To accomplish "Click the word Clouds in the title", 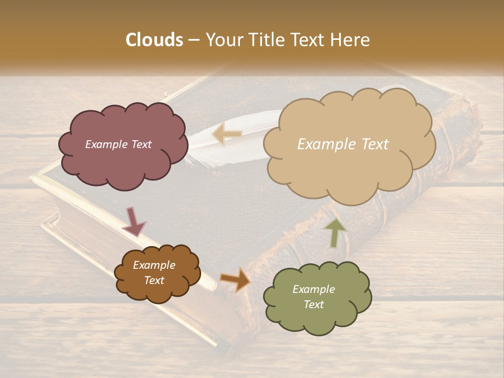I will [x=154, y=40].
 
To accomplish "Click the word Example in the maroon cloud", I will [x=105, y=144].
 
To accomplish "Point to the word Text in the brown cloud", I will [x=154, y=280].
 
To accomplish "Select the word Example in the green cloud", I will [x=313, y=289].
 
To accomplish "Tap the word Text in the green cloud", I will [x=313, y=304].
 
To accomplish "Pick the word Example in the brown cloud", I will [x=154, y=265].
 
